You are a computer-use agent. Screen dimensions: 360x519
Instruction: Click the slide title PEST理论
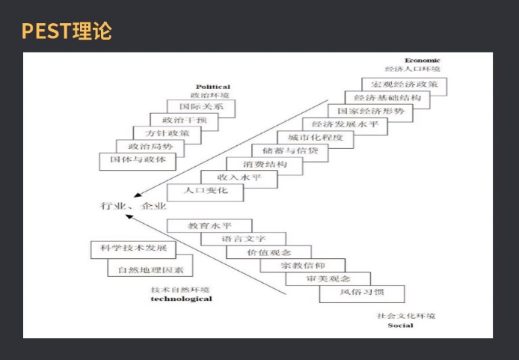coord(66,31)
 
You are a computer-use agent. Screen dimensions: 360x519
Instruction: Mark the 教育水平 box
coord(209,225)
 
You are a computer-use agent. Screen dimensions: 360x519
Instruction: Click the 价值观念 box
coord(269,252)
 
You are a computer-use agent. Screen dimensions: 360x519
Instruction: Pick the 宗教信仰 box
coord(303,266)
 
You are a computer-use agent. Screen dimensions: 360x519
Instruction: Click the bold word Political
coord(213,87)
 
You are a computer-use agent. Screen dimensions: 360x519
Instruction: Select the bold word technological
coord(181,299)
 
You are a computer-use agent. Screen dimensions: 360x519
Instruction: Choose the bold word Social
coord(401,326)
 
